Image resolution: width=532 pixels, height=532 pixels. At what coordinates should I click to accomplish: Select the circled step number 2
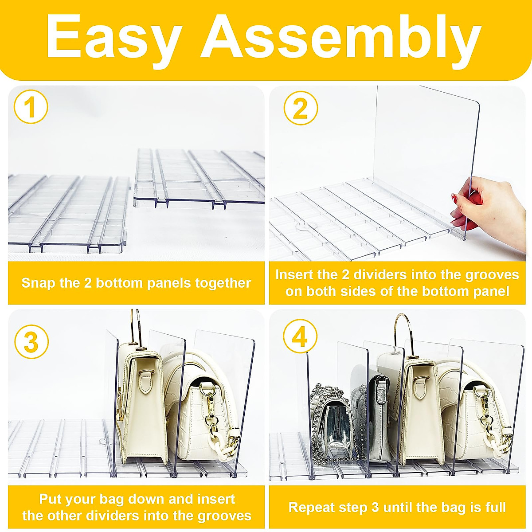coord(301,108)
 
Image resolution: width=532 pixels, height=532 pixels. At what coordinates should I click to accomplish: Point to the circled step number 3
coord(31,342)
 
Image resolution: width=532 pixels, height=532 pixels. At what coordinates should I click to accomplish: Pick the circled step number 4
coord(300,336)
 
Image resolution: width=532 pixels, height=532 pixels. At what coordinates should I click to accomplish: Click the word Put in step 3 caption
coord(50,499)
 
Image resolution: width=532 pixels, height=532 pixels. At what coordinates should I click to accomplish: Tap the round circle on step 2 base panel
coord(305,227)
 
